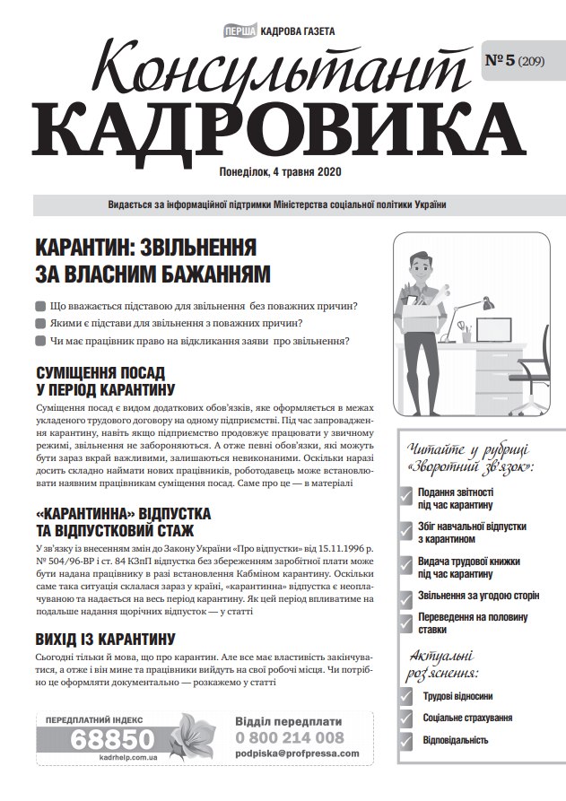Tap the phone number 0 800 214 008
point(290,737)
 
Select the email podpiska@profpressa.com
point(296,754)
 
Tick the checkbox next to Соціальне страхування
point(406,718)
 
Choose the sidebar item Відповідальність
point(456,740)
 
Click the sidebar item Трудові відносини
point(457,696)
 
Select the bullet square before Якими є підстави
point(39,324)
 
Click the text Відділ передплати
point(289,720)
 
